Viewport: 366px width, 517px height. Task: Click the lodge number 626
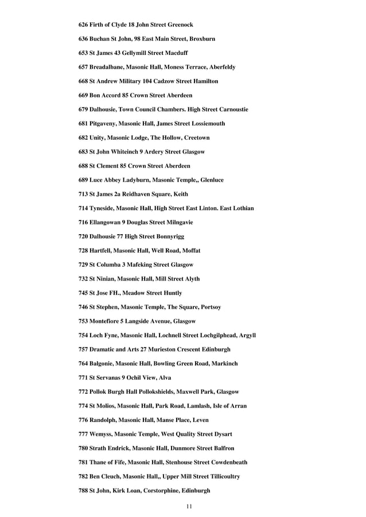point(83,25)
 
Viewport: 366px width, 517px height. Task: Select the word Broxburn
point(203,39)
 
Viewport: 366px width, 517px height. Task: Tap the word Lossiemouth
point(207,124)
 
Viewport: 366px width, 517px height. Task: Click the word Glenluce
point(212,180)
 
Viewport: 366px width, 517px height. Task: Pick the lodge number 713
point(83,194)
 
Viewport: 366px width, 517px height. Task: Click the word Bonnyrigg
point(169,236)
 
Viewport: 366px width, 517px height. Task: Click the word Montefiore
point(108,321)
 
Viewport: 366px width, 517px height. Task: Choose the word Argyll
point(244,335)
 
